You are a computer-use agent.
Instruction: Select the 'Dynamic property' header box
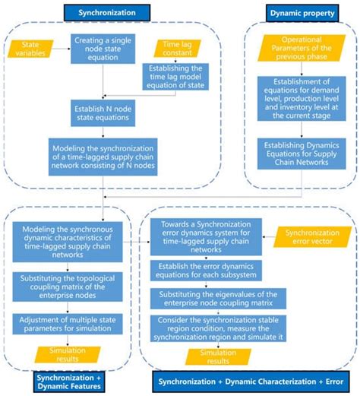(x=302, y=13)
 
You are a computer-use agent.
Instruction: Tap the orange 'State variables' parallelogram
(x=28, y=50)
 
